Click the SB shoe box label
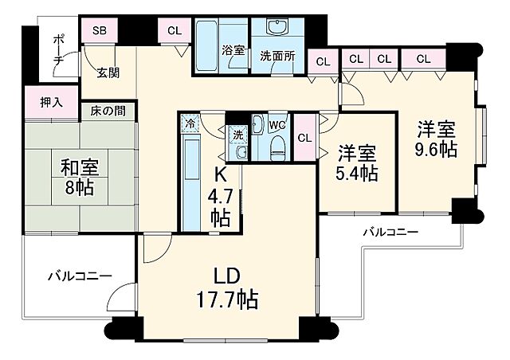(x=99, y=31)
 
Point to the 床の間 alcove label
(x=107, y=109)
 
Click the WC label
(x=277, y=124)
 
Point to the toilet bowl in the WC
(x=277, y=144)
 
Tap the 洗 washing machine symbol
(x=238, y=135)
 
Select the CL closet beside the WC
(x=304, y=137)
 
